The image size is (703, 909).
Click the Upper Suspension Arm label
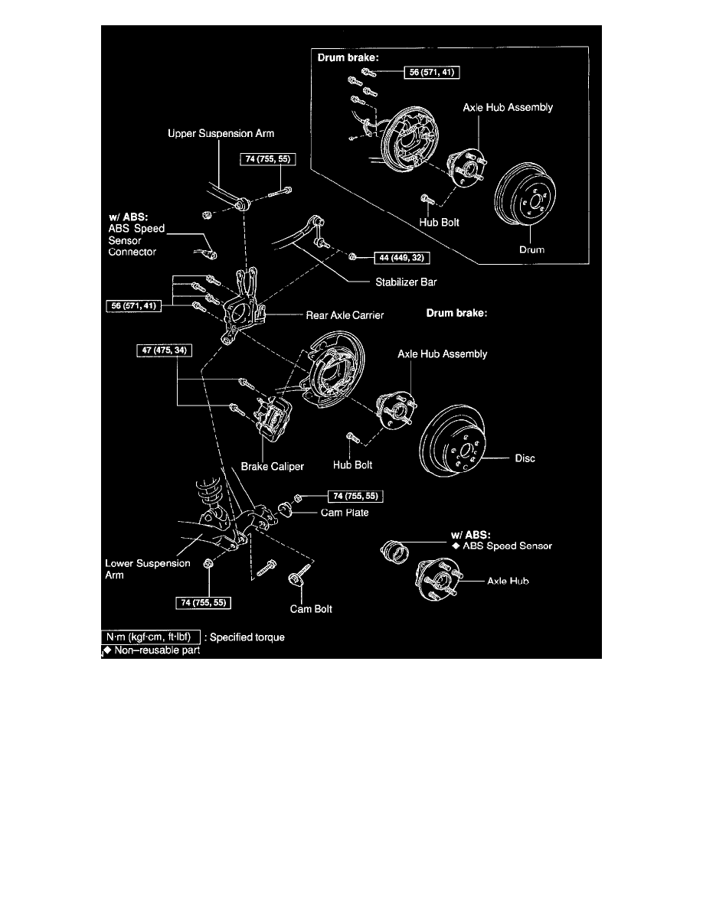coord(221,133)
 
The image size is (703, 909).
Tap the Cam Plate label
coord(345,513)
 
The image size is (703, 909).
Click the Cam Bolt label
coord(311,609)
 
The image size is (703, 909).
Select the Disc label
coord(525,459)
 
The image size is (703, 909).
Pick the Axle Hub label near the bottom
coord(508,582)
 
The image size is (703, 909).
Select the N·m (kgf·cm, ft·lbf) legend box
coord(152,637)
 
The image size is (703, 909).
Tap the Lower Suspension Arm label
coord(137,569)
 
